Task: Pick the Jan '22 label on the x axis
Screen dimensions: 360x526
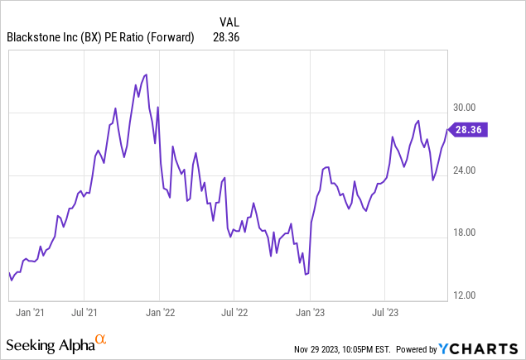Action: coord(160,313)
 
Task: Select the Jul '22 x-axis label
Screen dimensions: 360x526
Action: coord(234,313)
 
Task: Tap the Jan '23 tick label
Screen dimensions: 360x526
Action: coord(310,313)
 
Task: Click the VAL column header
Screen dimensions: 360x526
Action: coord(231,21)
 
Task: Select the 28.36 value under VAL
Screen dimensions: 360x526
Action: coord(231,36)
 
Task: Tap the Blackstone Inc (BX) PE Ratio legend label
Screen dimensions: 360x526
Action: coord(99,36)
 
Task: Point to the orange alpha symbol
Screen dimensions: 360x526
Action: coord(100,339)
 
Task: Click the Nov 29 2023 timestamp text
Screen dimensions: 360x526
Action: coord(346,349)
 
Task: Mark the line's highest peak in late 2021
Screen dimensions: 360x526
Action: coord(146,74)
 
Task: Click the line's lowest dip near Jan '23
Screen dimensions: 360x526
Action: coord(306,274)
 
